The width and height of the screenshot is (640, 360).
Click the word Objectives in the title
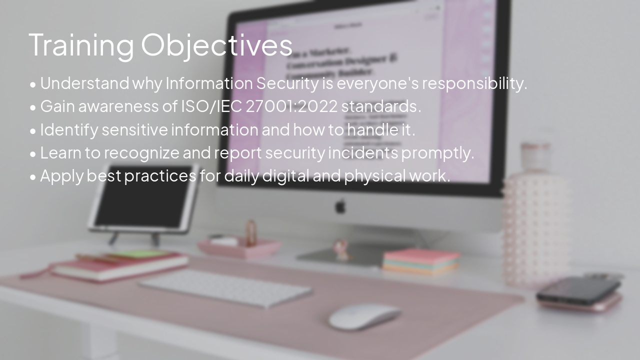point(216,45)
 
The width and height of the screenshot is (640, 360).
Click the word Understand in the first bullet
point(84,83)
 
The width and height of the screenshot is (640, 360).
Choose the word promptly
point(437,152)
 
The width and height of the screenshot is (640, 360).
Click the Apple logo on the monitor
point(340,205)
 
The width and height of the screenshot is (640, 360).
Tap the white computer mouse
point(364,316)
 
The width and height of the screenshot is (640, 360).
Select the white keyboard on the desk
point(225,288)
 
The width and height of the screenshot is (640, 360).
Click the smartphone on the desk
point(578,291)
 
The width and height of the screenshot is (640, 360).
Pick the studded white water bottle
point(535,220)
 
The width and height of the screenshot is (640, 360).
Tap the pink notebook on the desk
point(120,266)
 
